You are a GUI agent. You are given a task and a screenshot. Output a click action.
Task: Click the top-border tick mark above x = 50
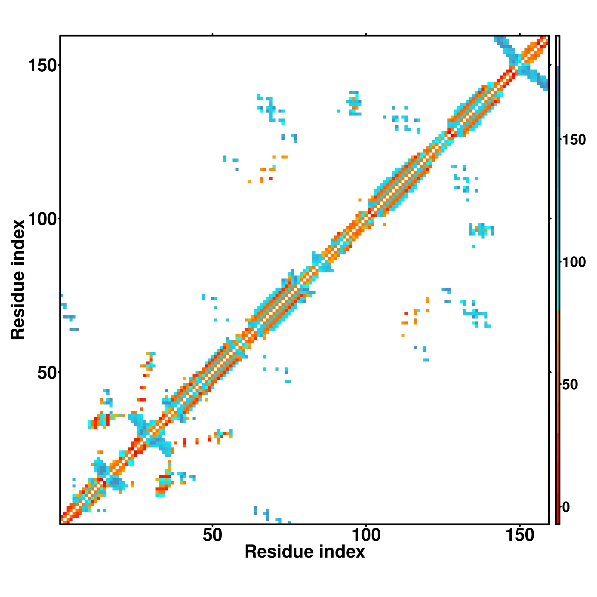(x=212, y=34)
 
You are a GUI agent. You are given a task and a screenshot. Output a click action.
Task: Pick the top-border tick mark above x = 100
(x=366, y=34)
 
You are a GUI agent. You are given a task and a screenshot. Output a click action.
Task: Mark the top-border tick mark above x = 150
(x=519, y=34)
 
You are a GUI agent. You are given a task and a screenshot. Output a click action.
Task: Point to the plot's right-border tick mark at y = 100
(x=550, y=219)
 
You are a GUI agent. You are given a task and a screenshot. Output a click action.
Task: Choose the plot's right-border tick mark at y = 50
(x=550, y=372)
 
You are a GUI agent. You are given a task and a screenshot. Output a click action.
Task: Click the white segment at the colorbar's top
(x=558, y=51)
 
